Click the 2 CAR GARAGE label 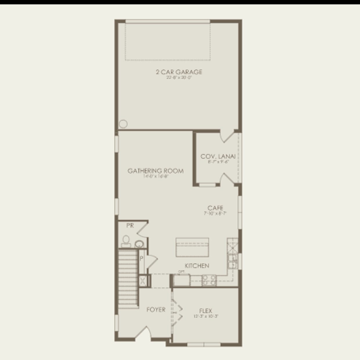(x=179, y=72)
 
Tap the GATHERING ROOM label (x=156, y=171)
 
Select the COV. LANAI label (x=218, y=156)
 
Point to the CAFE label (x=215, y=208)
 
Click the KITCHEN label (x=197, y=266)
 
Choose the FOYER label (x=156, y=310)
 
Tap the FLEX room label (x=206, y=311)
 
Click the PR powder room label (x=130, y=225)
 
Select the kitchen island (x=192, y=247)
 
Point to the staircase (x=128, y=279)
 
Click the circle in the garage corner (x=123, y=124)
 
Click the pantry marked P (x=141, y=258)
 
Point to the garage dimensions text (x=179, y=78)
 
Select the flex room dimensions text (x=206, y=316)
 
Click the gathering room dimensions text (x=156, y=176)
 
